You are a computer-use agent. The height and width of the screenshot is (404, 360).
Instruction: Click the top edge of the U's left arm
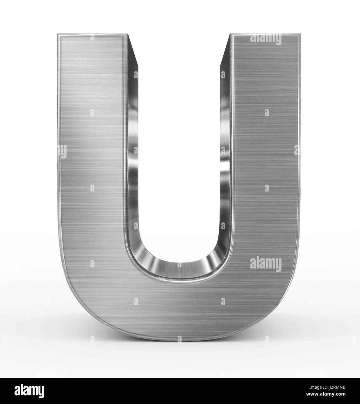tap(92, 34)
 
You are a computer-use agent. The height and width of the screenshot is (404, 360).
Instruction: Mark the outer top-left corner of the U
tap(57, 34)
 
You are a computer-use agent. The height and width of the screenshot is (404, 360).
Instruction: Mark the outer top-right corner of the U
tap(300, 34)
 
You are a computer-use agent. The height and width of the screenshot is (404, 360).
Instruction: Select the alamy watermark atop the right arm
tap(265, 39)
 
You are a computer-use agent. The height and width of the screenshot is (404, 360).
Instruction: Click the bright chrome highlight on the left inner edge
tap(133, 163)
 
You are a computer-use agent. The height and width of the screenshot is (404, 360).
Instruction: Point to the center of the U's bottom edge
tap(179, 342)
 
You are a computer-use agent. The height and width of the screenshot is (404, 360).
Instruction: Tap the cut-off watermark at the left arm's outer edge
tap(62, 151)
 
